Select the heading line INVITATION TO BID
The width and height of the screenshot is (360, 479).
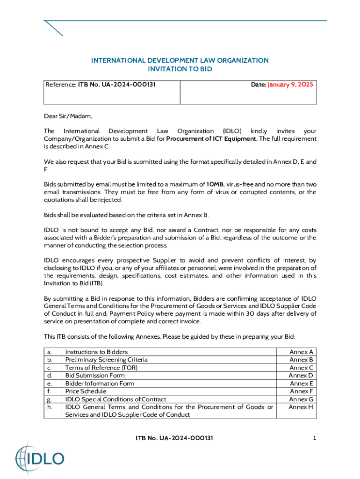click(180, 69)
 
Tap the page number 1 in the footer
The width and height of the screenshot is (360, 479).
click(315, 438)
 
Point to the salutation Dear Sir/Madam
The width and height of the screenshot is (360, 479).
click(68, 116)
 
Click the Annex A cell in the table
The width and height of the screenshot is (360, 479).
click(302, 352)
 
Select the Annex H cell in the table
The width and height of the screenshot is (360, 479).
click(302, 407)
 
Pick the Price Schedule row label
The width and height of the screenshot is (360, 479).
click(86, 391)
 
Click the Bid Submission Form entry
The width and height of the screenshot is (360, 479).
click(95, 375)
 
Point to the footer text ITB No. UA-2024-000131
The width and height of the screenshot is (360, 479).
click(174, 438)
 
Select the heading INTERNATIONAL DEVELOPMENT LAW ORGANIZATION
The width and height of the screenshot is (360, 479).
click(180, 60)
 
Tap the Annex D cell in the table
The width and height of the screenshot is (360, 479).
click(301, 375)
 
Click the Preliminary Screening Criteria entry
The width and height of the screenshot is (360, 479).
click(107, 360)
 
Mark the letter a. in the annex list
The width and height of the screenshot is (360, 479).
click(49, 352)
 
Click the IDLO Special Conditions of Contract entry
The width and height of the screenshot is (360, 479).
click(115, 399)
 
